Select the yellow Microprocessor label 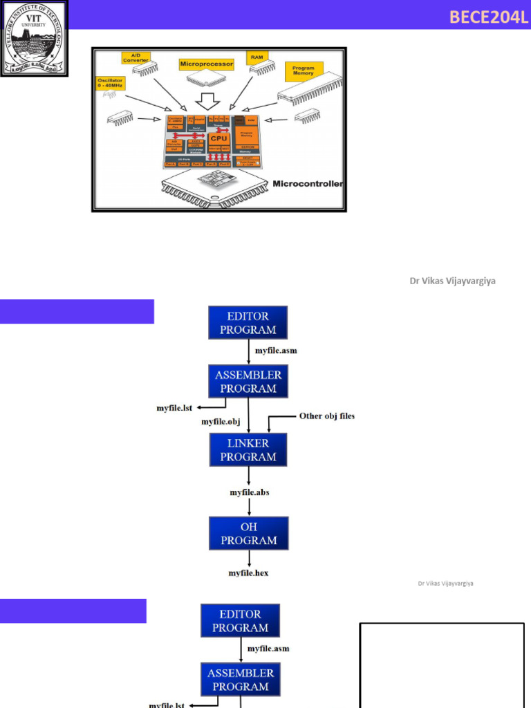(x=206, y=64)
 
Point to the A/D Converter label (x=136, y=57)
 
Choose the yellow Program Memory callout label (x=304, y=71)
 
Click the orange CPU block (x=218, y=138)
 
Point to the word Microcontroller (x=308, y=184)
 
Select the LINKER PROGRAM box (x=248, y=449)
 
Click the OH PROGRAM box (x=248, y=533)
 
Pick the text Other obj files (x=326, y=416)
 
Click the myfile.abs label (x=250, y=492)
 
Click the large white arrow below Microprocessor (x=207, y=100)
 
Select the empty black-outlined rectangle (x=440, y=664)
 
